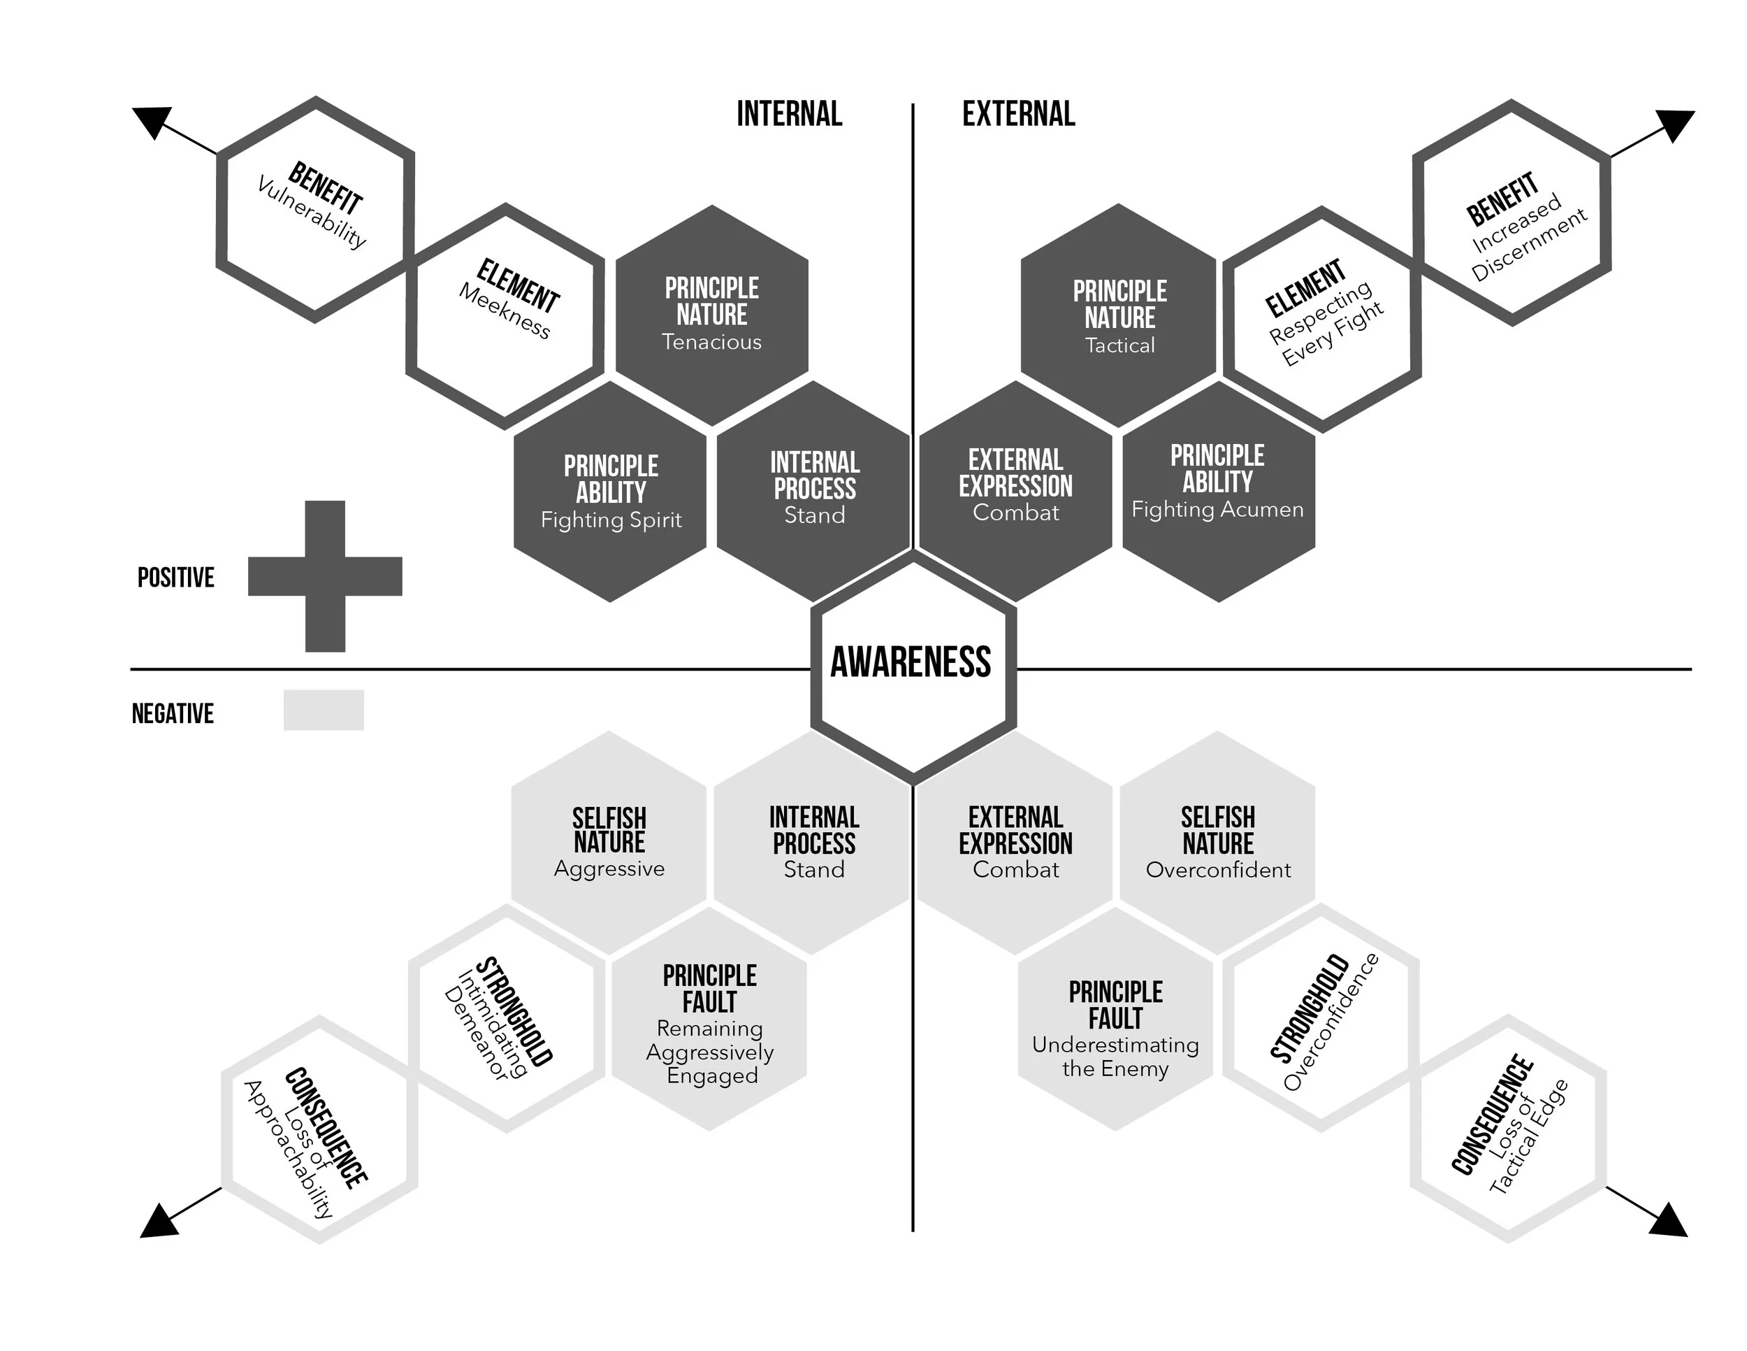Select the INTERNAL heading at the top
pyautogui.click(x=789, y=115)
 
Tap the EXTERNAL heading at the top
pyautogui.click(x=1018, y=115)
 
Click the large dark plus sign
pyautogui.click(x=325, y=576)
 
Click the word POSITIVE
pyautogui.click(x=176, y=578)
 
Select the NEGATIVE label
pyautogui.click(x=173, y=714)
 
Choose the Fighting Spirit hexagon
pyautogui.click(x=610, y=492)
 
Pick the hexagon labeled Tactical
pyautogui.click(x=1119, y=316)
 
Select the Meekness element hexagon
pyautogui.click(x=505, y=317)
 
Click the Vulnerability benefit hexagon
pyautogui.click(x=315, y=210)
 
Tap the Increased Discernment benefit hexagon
pyautogui.click(x=1512, y=213)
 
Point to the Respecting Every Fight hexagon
pyautogui.click(x=1322, y=319)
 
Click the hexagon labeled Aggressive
pyautogui.click(x=609, y=843)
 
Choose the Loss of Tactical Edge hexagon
pyautogui.click(x=1509, y=1129)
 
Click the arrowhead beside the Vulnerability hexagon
pyautogui.click(x=152, y=121)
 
